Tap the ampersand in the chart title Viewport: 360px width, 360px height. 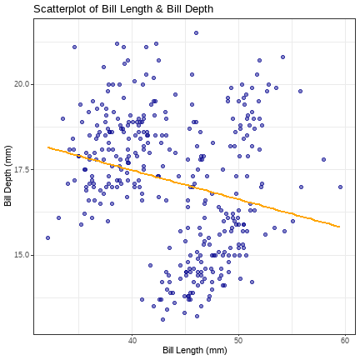coord(159,9)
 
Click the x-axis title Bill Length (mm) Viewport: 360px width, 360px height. coord(195,350)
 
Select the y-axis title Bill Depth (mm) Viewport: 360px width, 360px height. coord(8,176)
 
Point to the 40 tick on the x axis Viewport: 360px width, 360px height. coord(132,341)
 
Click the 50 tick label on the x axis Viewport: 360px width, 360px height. coord(238,341)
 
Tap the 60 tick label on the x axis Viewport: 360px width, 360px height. coord(345,341)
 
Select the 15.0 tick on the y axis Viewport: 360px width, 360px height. coord(22,255)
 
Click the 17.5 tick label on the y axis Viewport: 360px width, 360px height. coord(22,170)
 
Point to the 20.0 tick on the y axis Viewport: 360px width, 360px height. coord(22,84)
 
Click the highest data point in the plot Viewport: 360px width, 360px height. coord(196,33)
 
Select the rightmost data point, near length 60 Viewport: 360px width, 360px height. coord(340,187)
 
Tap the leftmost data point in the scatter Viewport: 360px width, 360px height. coord(47,237)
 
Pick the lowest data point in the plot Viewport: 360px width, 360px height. coord(162,319)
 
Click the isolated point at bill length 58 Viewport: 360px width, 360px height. coord(323,159)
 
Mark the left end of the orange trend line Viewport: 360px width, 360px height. coord(48,147)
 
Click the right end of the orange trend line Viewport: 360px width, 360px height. coord(339,227)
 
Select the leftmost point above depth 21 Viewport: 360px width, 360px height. coord(74,47)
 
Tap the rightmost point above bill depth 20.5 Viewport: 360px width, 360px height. coord(282,57)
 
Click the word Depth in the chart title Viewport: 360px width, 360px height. coord(199,10)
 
